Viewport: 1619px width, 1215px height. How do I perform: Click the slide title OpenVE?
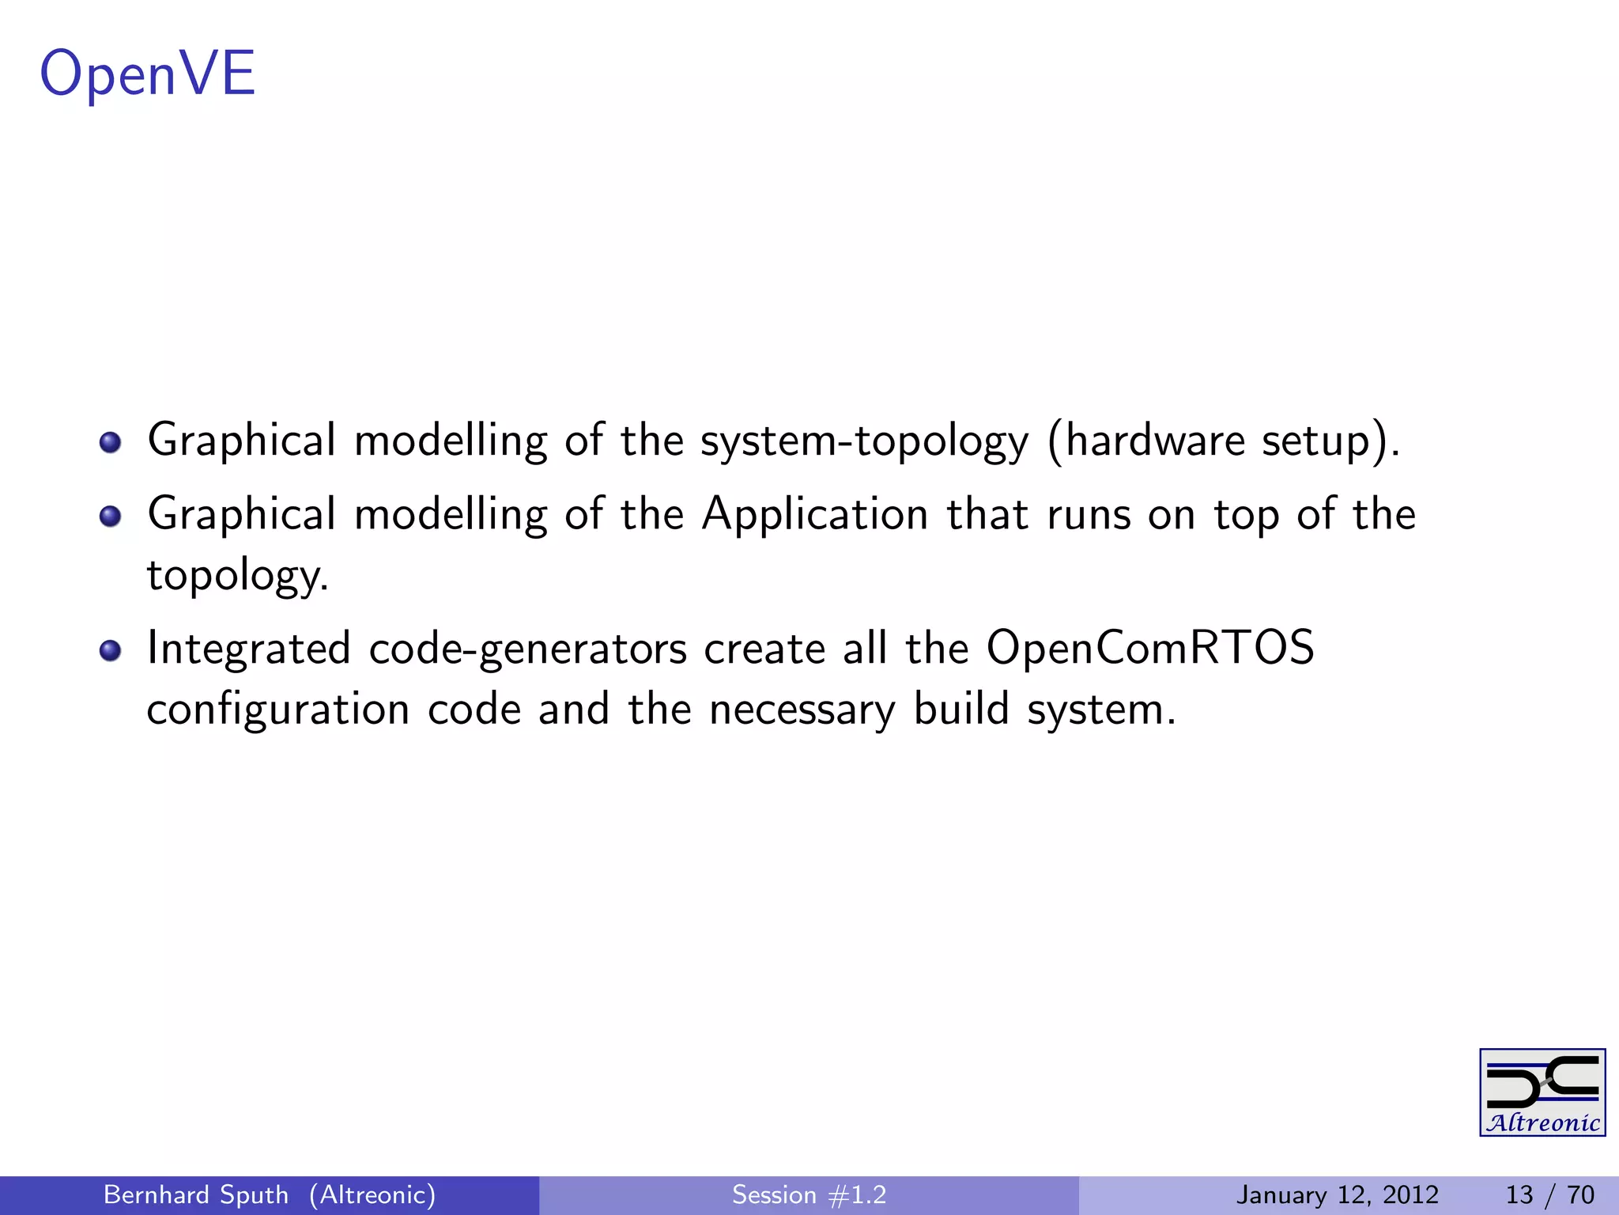point(148,74)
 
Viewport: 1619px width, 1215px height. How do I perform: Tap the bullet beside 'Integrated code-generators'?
point(111,650)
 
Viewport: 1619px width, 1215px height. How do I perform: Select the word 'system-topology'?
point(865,441)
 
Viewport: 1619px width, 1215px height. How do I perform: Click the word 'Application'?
point(815,516)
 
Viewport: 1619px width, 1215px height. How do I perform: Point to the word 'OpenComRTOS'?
point(1150,649)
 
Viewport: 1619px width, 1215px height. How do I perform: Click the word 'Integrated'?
point(249,649)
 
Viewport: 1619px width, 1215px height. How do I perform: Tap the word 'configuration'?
point(278,710)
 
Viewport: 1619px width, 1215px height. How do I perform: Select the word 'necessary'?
point(802,710)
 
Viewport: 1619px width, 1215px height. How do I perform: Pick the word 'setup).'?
point(1330,441)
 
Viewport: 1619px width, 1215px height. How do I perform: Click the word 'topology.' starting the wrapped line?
point(237,576)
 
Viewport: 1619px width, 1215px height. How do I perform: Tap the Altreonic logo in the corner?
point(1542,1092)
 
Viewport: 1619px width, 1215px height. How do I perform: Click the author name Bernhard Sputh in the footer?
point(196,1194)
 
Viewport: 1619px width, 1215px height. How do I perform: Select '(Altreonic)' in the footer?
point(372,1194)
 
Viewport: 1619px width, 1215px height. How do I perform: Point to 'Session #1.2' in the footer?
point(809,1194)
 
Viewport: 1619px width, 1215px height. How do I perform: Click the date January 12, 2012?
point(1338,1194)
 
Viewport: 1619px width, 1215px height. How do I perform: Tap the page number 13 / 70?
point(1549,1194)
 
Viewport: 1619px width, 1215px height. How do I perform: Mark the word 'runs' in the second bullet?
point(1089,516)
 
